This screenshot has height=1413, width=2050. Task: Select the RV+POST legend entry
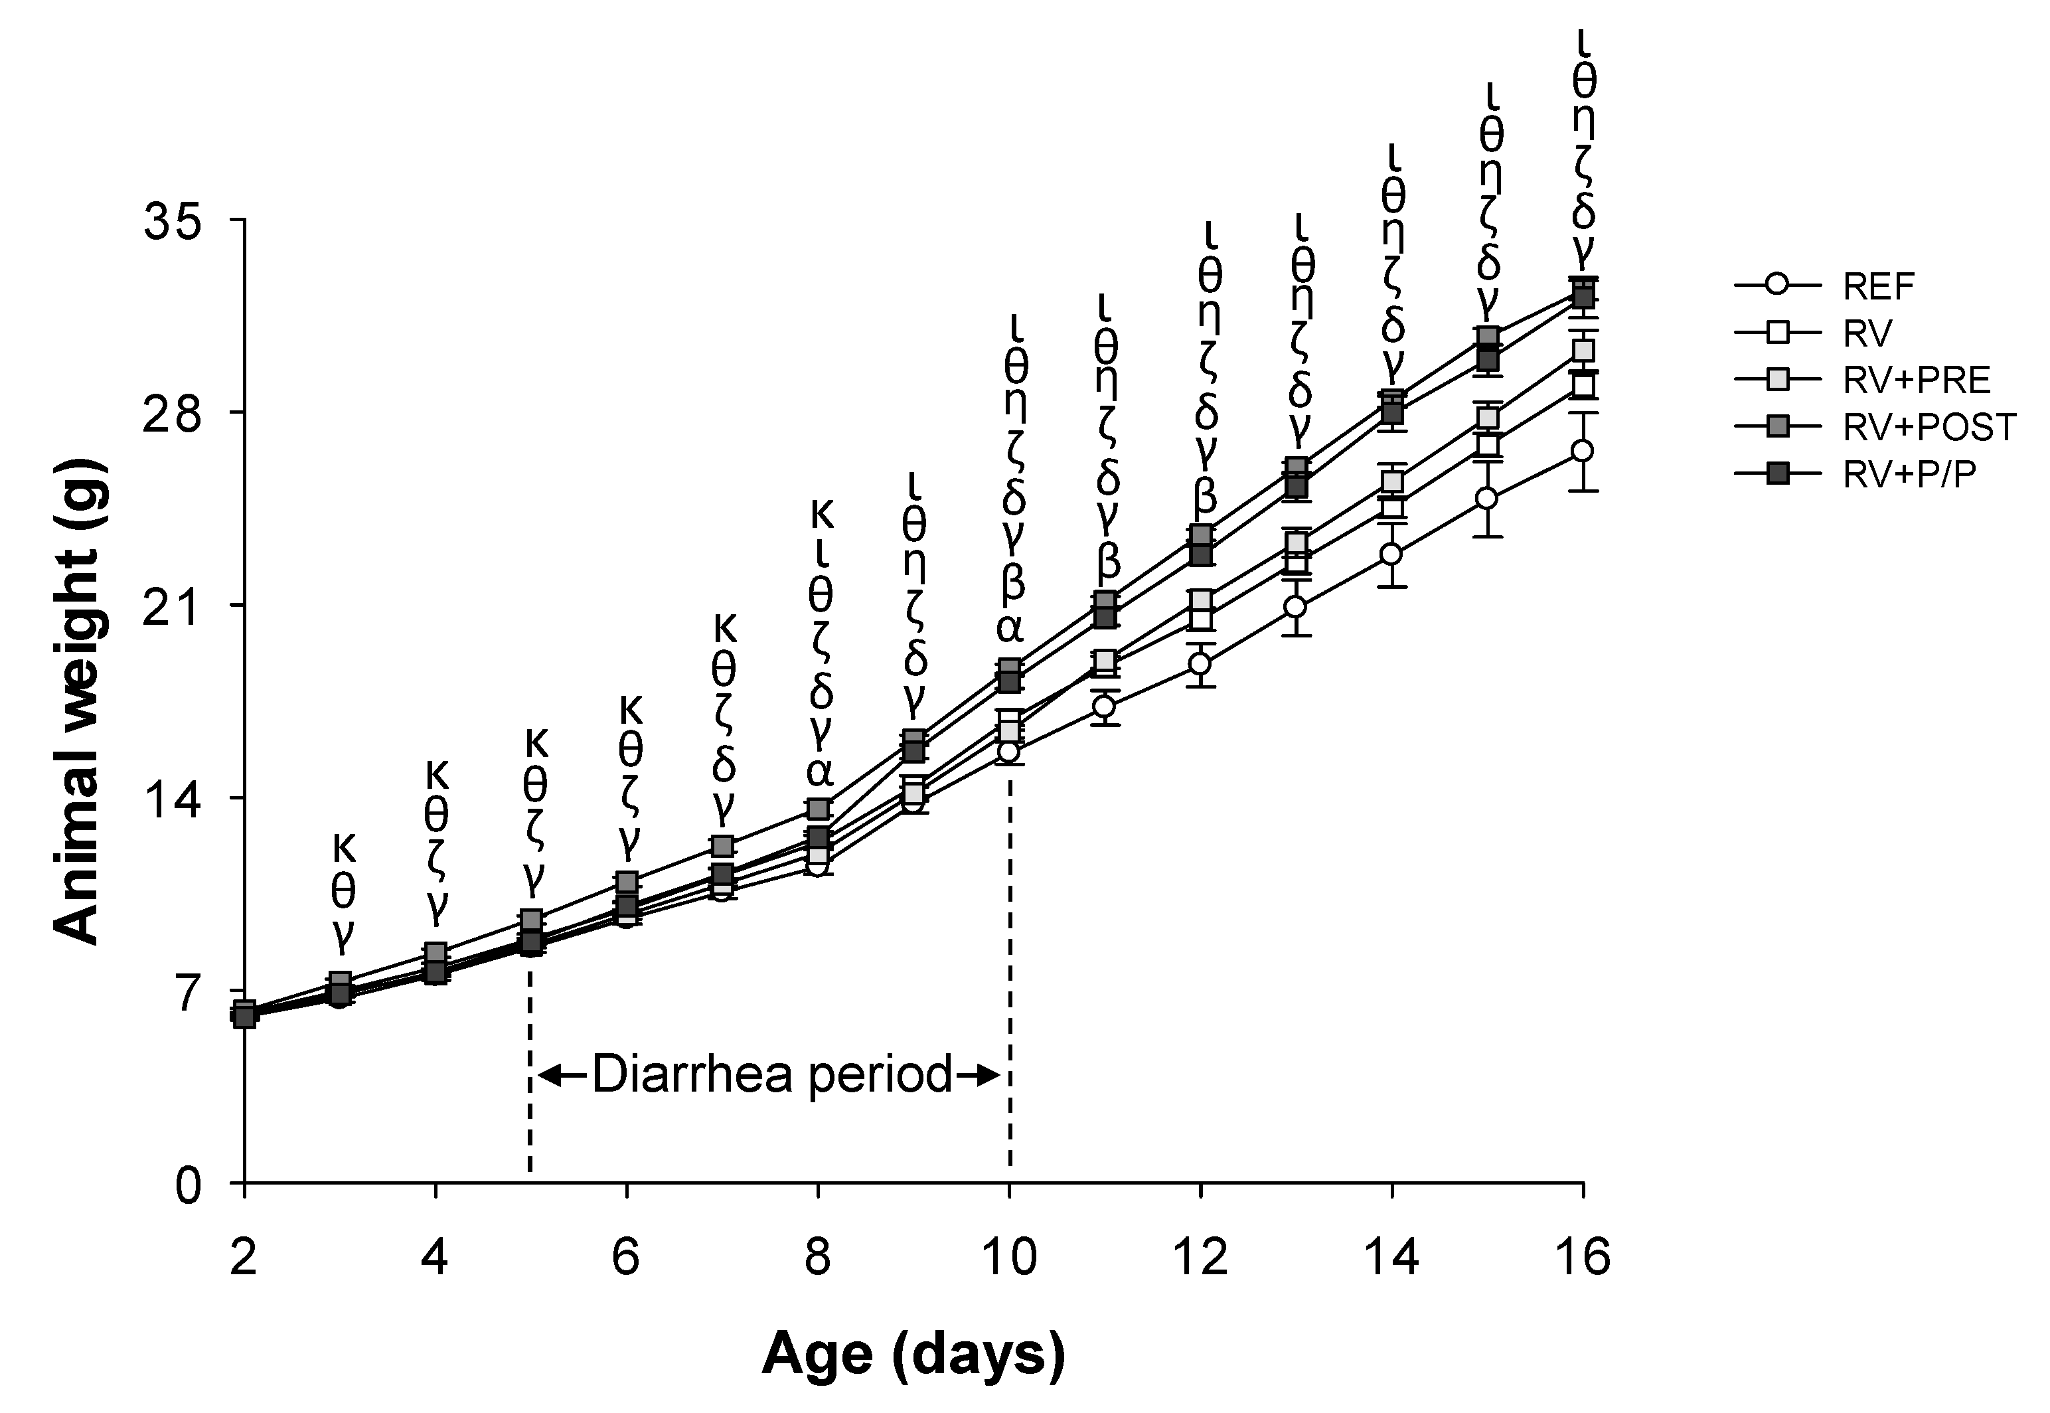[1929, 428]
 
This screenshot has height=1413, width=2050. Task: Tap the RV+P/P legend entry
[1907, 475]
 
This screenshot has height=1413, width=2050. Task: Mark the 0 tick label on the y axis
[189, 1185]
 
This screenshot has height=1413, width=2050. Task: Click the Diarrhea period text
[771, 1075]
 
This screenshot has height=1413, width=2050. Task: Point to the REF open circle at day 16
[1583, 451]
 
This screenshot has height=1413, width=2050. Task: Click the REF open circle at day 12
[1200, 664]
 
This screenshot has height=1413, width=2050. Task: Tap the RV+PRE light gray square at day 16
[1583, 351]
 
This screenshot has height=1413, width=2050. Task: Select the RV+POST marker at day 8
[819, 808]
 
